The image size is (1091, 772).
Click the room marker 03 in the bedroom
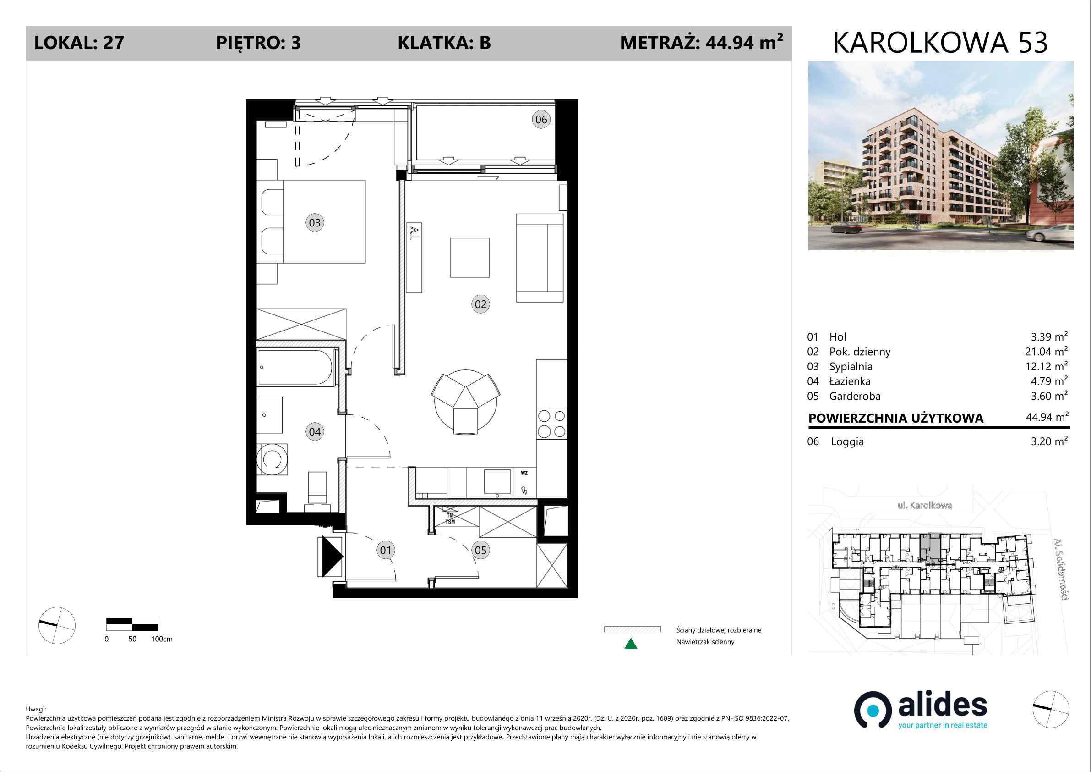(x=315, y=223)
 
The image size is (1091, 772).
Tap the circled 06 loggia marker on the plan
(x=541, y=119)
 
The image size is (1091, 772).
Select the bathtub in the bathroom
(x=295, y=367)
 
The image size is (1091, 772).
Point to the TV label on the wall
(x=415, y=232)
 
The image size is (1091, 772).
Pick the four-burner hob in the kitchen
(x=551, y=424)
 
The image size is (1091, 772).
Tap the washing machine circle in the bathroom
(x=272, y=459)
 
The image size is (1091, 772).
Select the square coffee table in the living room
(x=469, y=258)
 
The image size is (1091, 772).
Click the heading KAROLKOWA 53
(x=940, y=43)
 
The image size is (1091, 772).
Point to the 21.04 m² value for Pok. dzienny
(x=1046, y=351)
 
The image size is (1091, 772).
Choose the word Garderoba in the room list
(x=855, y=396)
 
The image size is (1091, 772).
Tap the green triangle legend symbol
(x=631, y=644)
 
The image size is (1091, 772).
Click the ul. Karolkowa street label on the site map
(x=925, y=505)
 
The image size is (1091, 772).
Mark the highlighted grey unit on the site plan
(x=930, y=546)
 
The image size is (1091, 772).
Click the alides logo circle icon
(x=873, y=710)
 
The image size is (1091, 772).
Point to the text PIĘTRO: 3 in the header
(x=258, y=43)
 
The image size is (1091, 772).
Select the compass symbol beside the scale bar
(x=56, y=625)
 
